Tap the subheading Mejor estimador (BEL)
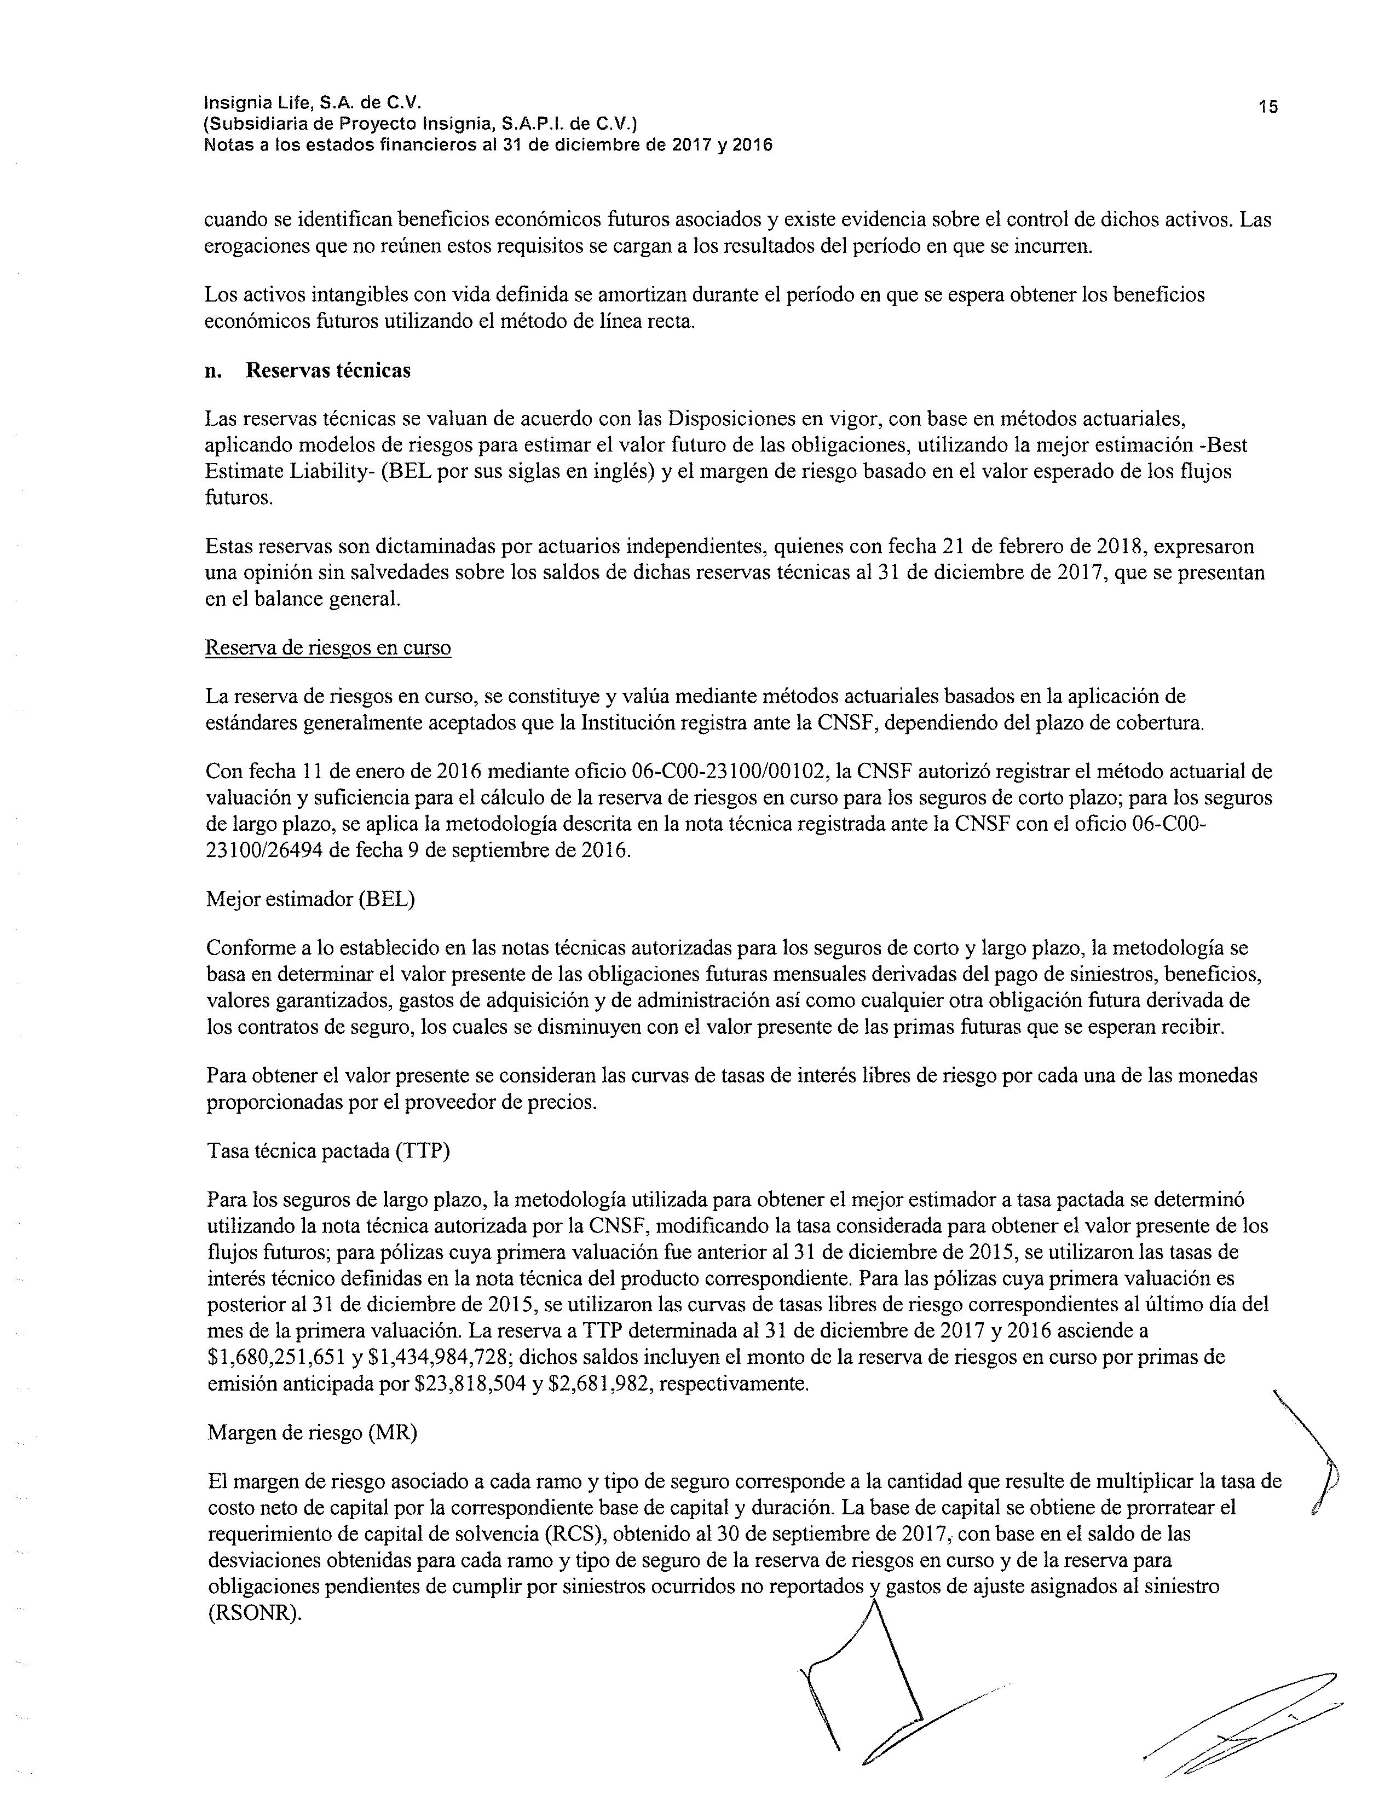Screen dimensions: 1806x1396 click(310, 900)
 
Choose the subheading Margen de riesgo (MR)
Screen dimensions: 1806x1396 click(312, 1433)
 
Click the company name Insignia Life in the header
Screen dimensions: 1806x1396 click(259, 102)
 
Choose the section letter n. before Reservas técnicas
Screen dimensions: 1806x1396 click(214, 371)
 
